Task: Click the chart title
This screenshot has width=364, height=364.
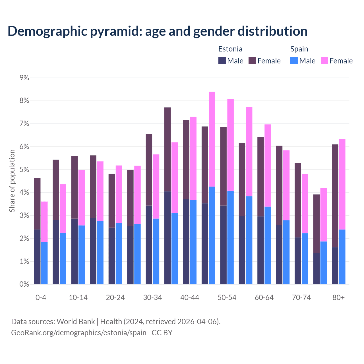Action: pyautogui.click(x=158, y=31)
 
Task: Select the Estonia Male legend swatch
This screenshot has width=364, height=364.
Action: pyautogui.click(x=222, y=61)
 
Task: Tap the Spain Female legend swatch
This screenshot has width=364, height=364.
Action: pyautogui.click(x=324, y=61)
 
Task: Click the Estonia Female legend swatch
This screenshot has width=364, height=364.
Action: pyautogui.click(x=252, y=61)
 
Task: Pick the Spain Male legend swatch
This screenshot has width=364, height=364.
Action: pyautogui.click(x=294, y=61)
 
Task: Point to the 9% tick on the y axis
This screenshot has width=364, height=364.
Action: pyautogui.click(x=24, y=78)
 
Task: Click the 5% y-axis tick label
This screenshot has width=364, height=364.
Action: pyautogui.click(x=24, y=170)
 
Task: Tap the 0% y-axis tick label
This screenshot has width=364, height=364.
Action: pyautogui.click(x=24, y=284)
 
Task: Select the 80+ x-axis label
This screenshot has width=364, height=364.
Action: pyautogui.click(x=338, y=297)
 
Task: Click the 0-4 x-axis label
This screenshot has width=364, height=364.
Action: pyautogui.click(x=41, y=297)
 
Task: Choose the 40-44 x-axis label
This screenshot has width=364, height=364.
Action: pyautogui.click(x=190, y=297)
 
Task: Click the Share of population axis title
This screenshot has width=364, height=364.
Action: pyautogui.click(x=12, y=181)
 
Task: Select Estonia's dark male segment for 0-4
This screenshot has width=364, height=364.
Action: pyautogui.click(x=37, y=257)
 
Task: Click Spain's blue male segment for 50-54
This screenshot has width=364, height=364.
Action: pyautogui.click(x=230, y=237)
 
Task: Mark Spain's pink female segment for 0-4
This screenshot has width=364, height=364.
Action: pyautogui.click(x=44, y=222)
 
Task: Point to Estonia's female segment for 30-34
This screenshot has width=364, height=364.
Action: pyautogui.click(x=149, y=169)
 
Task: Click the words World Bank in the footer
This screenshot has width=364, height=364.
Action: pyautogui.click(x=76, y=322)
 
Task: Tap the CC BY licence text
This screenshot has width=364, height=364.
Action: pyautogui.click(x=162, y=333)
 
